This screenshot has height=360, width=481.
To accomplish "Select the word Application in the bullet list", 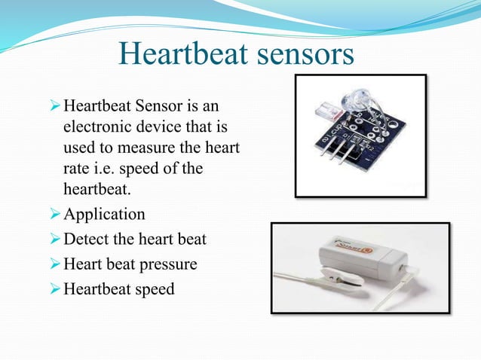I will point(104,214).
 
